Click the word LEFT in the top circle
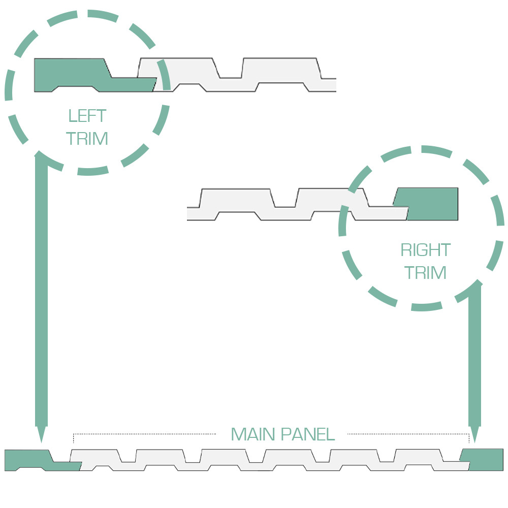[87, 116]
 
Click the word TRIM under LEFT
[87, 138]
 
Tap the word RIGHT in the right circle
[425, 250]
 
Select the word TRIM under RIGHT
[425, 272]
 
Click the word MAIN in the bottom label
[253, 434]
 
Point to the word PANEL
[308, 434]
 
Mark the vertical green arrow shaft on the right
[474, 355]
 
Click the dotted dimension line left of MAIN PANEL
[144, 434]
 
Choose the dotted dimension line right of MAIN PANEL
[408, 434]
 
